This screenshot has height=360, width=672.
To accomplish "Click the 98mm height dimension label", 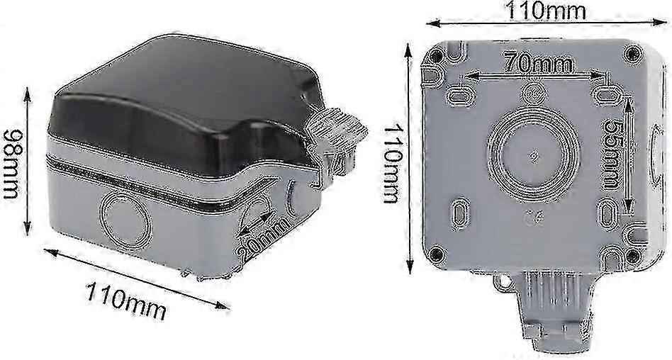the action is pos(11,164).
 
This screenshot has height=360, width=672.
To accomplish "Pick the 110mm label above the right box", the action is pos(546,11).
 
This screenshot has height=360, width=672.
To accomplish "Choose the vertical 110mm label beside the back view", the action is pos(392,163).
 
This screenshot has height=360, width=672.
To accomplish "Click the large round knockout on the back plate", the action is pos(534,155).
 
